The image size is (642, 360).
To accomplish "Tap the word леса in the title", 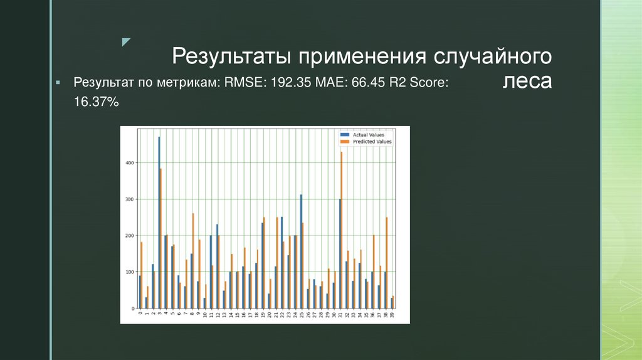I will pyautogui.click(x=527, y=82).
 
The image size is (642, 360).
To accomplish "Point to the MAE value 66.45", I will pyautogui.click(x=358, y=83).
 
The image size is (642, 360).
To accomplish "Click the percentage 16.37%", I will pyautogui.click(x=96, y=101).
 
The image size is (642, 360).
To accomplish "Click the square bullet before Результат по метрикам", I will pyautogui.click(x=57, y=83).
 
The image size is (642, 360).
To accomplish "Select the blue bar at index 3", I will pyautogui.click(x=159, y=223).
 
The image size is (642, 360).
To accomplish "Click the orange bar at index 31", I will pyautogui.click(x=342, y=230).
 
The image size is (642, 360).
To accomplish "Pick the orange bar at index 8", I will pyautogui.click(x=193, y=260).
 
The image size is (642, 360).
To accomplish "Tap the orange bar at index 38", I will pyautogui.click(x=387, y=262).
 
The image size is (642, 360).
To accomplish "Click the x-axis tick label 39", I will pyautogui.click(x=392, y=315).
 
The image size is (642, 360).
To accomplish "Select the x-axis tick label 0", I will pyautogui.click(x=140, y=314).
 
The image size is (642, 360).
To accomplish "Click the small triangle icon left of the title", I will pyautogui.click(x=126, y=42).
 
